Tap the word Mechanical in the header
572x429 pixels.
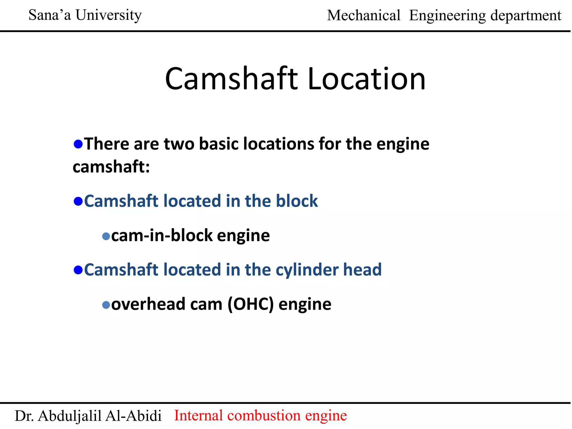pos(364,16)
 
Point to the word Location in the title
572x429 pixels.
pos(366,79)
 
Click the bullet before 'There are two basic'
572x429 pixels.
pos(78,144)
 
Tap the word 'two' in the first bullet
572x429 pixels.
pos(179,144)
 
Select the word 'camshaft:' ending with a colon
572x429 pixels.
pos(111,167)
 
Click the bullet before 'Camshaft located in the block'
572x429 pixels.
pos(78,201)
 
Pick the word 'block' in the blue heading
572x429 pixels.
pos(297,201)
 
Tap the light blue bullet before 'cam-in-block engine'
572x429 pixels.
pos(106,237)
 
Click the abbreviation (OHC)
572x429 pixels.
pos(251,304)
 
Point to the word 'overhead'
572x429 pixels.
pos(148,304)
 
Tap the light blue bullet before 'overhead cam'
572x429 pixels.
pos(106,305)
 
